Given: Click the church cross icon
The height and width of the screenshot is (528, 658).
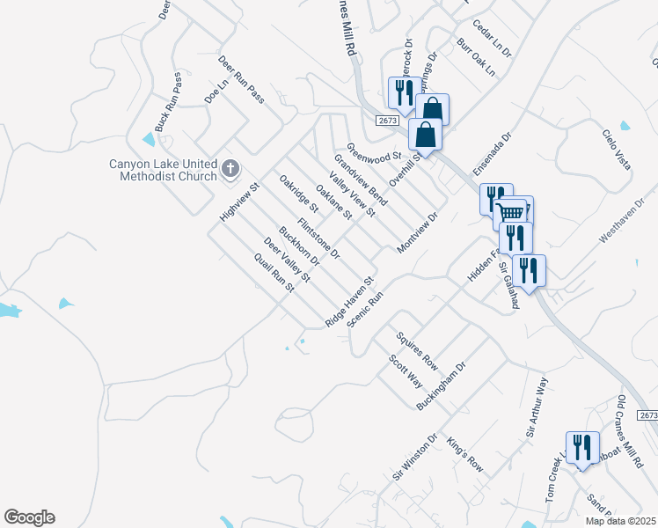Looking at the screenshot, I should (230, 168).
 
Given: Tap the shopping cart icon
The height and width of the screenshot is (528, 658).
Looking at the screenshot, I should (509, 212).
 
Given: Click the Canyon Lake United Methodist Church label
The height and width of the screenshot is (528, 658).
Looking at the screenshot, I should (163, 170).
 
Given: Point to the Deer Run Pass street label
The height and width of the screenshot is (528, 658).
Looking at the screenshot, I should (241, 80).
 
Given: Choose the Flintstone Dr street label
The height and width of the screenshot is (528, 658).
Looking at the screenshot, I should (318, 238).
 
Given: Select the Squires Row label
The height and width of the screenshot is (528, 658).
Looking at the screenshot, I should (417, 349).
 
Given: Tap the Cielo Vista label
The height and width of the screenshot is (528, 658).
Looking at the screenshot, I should (616, 150).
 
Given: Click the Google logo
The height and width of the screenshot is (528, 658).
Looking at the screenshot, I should (29, 517).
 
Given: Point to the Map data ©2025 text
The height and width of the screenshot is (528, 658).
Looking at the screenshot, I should (620, 521).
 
